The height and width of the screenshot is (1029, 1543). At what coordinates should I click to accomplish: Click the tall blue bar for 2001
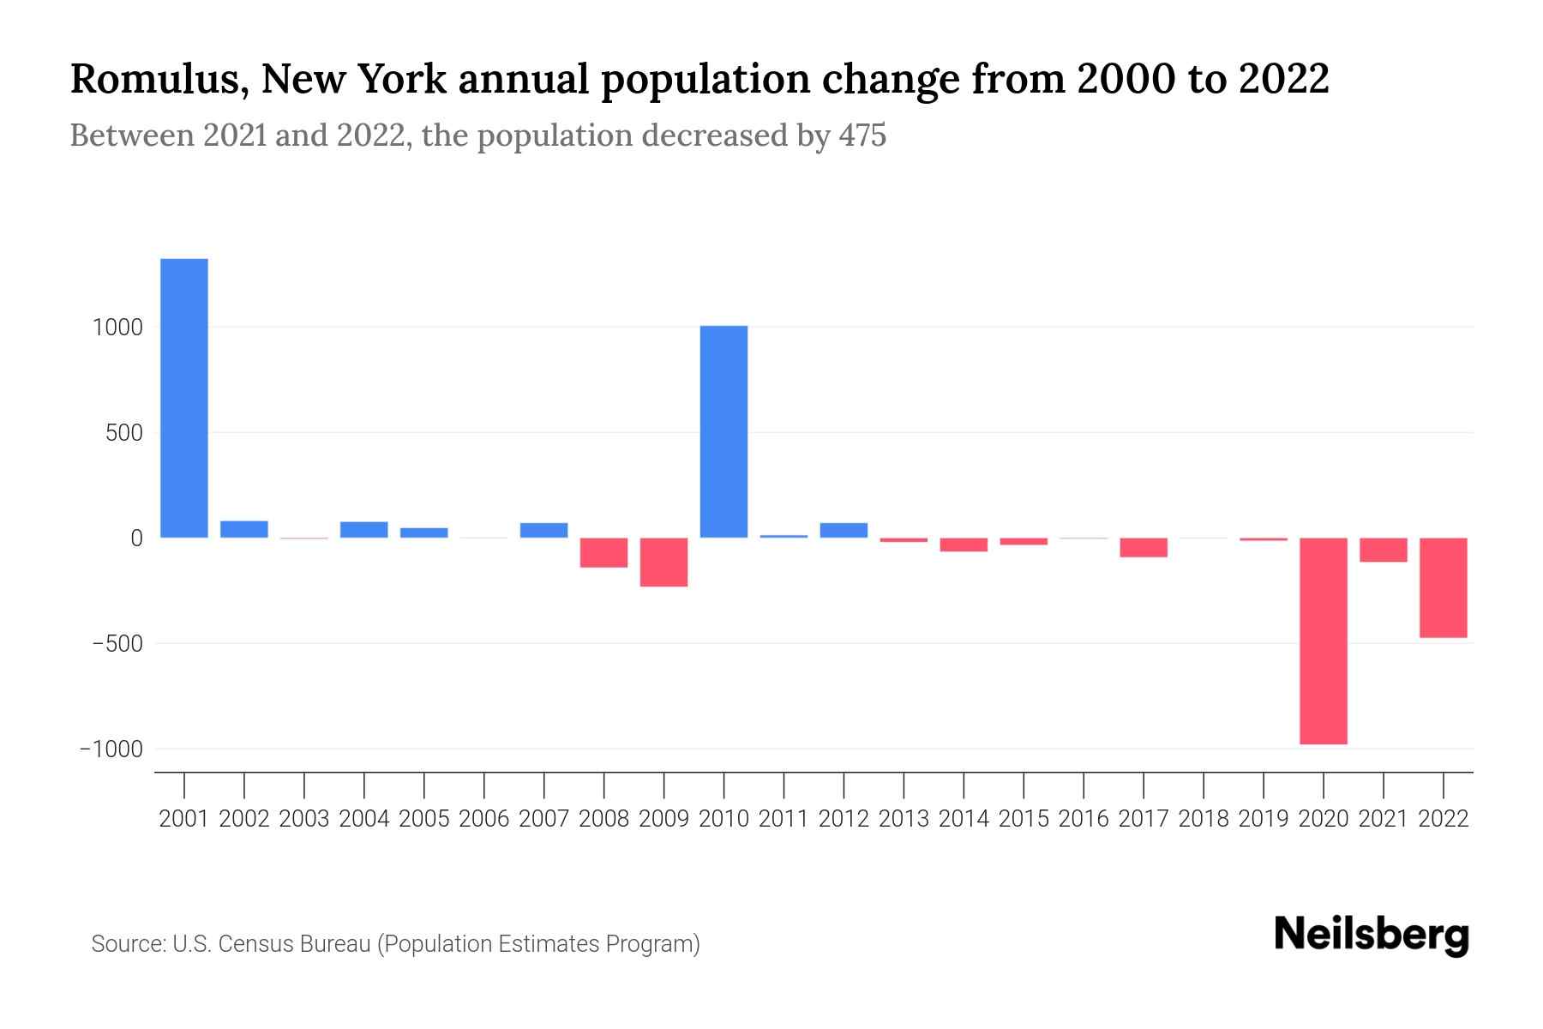click(x=184, y=398)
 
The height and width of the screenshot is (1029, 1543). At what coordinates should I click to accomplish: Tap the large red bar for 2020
click(x=1323, y=641)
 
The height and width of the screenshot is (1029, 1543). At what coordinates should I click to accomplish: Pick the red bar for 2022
click(x=1443, y=587)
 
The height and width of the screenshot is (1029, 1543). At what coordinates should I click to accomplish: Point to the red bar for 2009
click(x=663, y=562)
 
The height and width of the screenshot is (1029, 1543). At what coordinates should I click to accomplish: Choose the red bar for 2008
click(x=603, y=552)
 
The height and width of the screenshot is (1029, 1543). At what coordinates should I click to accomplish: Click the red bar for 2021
click(x=1383, y=550)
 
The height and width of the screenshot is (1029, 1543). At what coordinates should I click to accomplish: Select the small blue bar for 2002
click(x=244, y=529)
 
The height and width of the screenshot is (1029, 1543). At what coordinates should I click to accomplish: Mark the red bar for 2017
click(x=1143, y=547)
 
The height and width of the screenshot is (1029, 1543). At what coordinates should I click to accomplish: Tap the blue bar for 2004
click(x=364, y=529)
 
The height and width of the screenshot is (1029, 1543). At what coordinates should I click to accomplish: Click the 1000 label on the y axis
click(x=117, y=328)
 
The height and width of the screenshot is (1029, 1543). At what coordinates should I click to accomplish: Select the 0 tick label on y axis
click(x=135, y=539)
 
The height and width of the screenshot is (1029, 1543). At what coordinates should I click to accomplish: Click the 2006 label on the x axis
click(x=484, y=819)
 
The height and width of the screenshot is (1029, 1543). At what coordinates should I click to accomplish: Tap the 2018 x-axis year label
click(x=1204, y=819)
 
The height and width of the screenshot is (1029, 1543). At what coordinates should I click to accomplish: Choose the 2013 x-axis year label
click(x=904, y=819)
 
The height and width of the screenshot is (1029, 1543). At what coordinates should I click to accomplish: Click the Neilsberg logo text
click(x=1372, y=935)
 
